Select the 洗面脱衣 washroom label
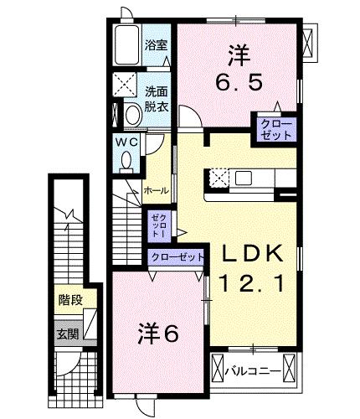[x=157, y=99]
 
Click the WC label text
[x=125, y=142]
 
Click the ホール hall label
[x=157, y=191]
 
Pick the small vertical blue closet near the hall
[x=157, y=225]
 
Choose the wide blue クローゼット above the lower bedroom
[x=176, y=257]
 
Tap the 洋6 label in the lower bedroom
[x=159, y=334]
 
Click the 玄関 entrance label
[x=65, y=334]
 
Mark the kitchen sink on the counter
[x=244, y=178]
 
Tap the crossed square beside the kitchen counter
[x=219, y=178]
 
